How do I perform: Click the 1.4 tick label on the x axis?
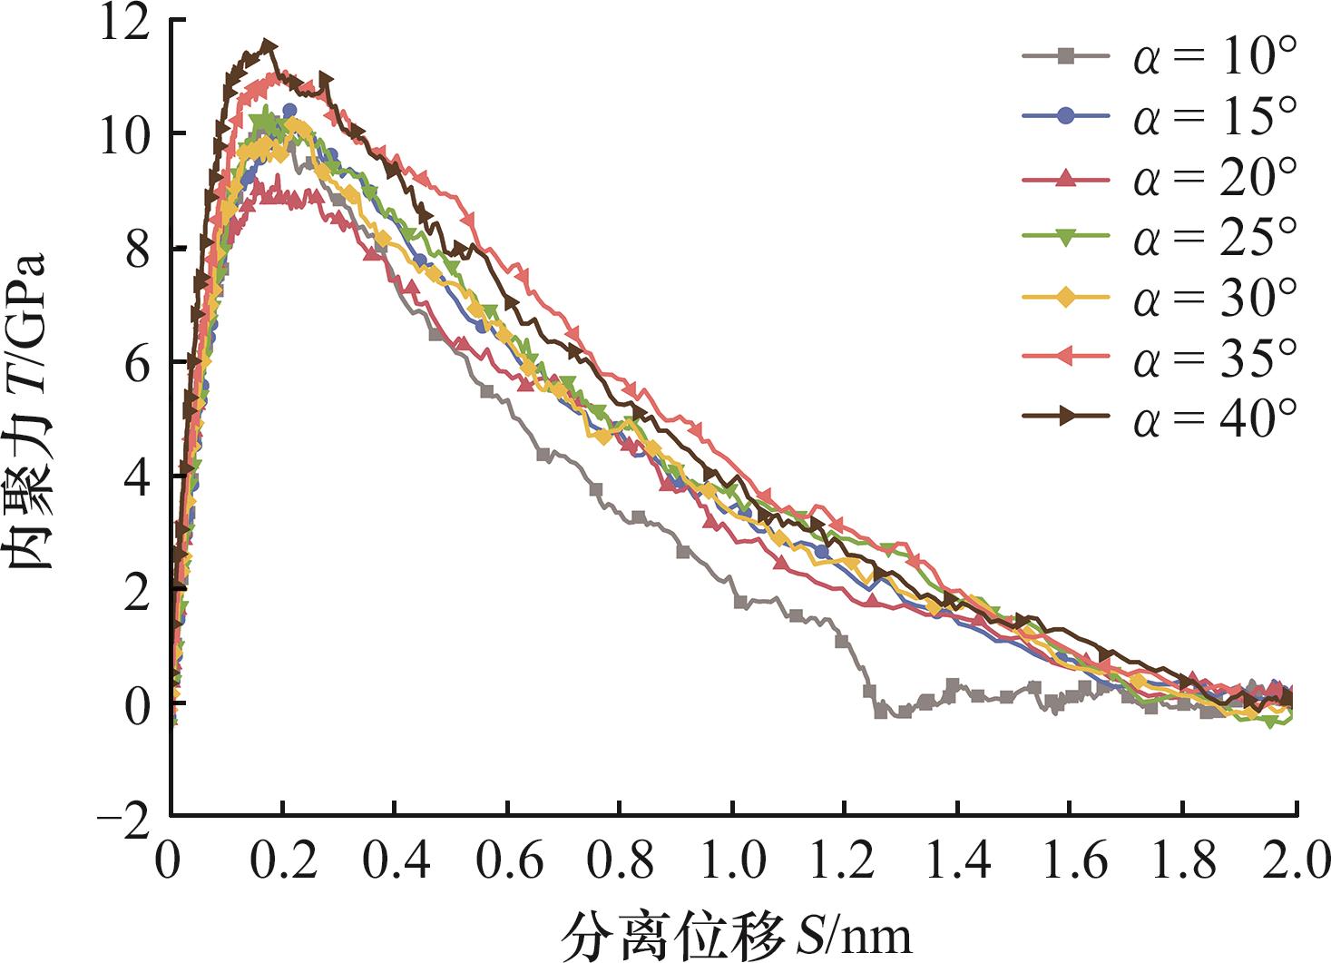pyautogui.click(x=957, y=860)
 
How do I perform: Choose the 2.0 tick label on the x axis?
pyautogui.click(x=1295, y=860)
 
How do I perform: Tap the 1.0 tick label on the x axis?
pyautogui.click(x=732, y=860)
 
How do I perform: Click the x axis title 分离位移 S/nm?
pyautogui.click(x=736, y=935)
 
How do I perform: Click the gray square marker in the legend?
pyautogui.click(x=1067, y=57)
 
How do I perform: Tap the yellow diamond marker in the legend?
pyautogui.click(x=1067, y=297)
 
